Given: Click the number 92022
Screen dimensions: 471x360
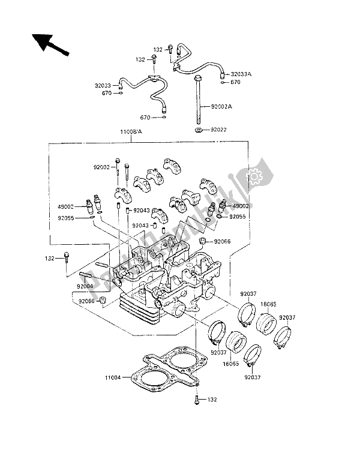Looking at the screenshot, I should click(221, 129).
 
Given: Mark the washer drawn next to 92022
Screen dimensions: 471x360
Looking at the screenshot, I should click(197, 129).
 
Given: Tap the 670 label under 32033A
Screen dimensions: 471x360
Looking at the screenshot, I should click(236, 82).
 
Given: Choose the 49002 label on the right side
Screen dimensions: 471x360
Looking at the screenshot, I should click(241, 206).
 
